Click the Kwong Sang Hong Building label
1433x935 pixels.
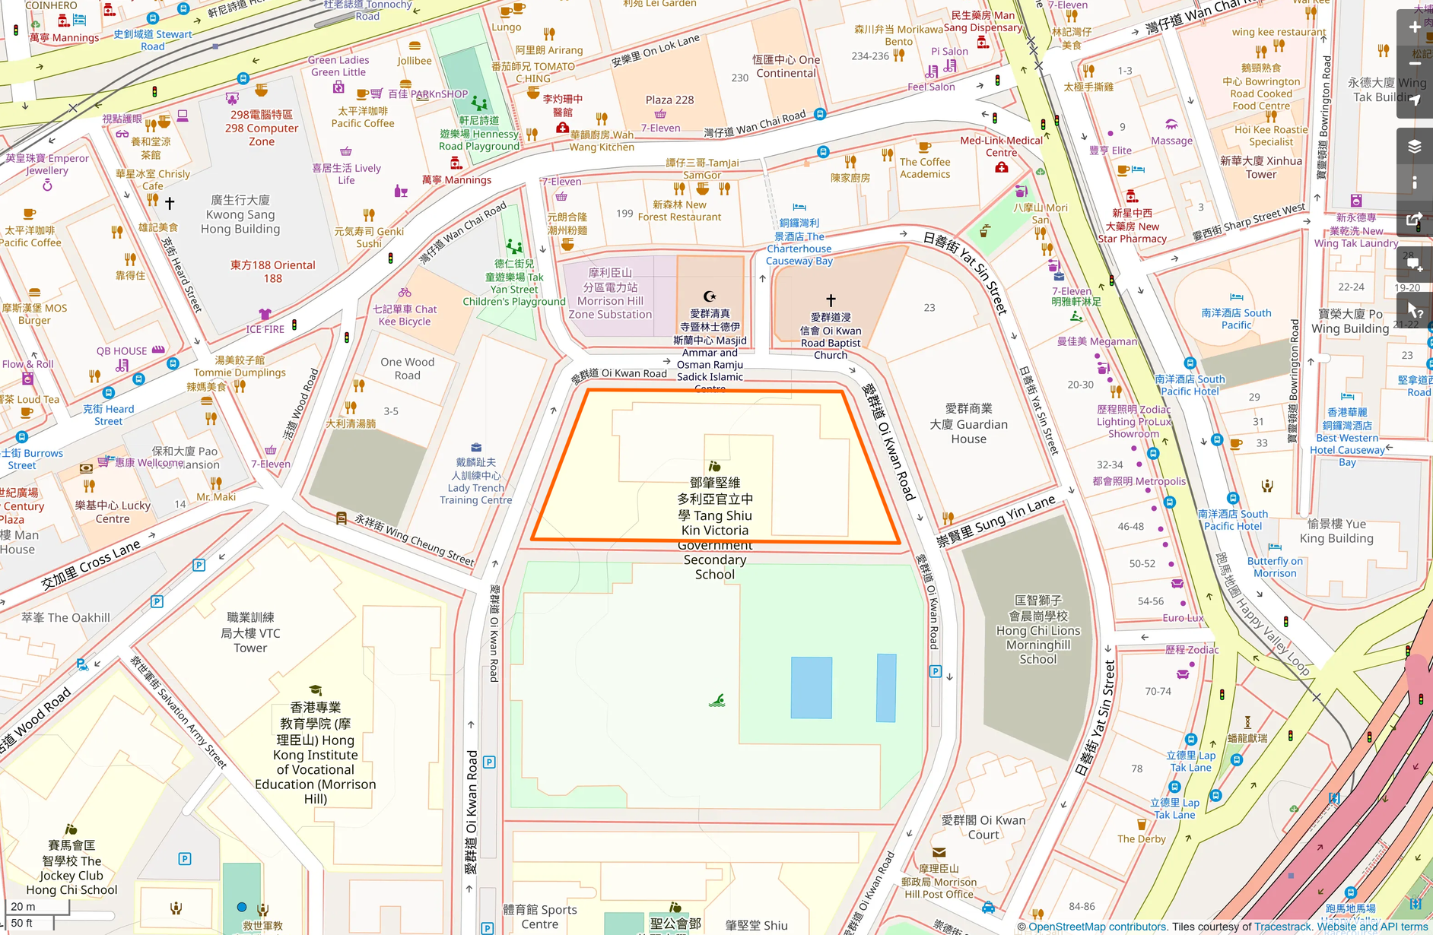[240, 214]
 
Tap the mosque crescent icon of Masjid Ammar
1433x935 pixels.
[710, 296]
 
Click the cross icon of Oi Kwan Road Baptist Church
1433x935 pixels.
[831, 300]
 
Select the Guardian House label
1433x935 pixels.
[968, 424]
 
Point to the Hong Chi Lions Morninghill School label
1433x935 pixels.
[1038, 630]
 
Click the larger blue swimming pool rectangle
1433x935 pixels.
[811, 687]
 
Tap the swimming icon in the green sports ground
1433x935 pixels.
[716, 700]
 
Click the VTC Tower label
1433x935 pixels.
[250, 632]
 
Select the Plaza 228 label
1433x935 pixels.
[669, 100]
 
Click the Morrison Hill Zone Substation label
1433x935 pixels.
[610, 293]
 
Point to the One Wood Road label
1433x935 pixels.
[408, 369]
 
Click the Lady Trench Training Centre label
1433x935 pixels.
[475, 481]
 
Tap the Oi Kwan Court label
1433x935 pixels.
[983, 827]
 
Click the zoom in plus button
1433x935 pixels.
[1414, 27]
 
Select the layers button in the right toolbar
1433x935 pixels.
[1414, 146]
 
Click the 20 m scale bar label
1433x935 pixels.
[24, 906]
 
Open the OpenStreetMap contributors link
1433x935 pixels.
[1097, 927]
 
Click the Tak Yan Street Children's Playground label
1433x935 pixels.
[514, 283]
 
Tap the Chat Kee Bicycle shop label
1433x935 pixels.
[405, 315]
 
